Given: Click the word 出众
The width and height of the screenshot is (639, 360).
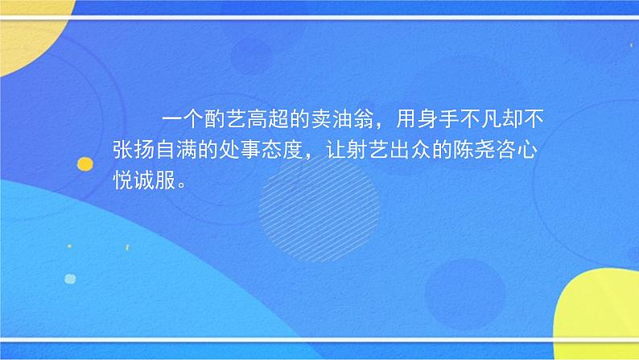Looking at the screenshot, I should [x=402, y=150].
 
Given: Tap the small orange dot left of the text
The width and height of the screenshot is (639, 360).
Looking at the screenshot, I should [x=84, y=164].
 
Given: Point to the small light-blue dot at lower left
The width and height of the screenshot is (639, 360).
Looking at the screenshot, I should [x=70, y=279].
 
